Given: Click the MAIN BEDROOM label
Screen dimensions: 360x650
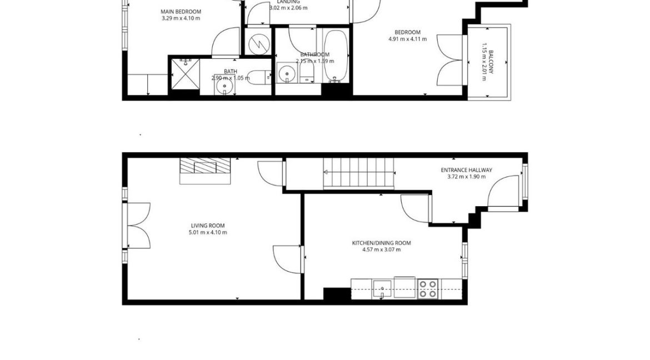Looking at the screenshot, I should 181,12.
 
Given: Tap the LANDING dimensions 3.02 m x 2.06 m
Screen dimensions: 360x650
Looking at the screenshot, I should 288,8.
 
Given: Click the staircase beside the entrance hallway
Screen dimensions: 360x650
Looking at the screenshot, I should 358,173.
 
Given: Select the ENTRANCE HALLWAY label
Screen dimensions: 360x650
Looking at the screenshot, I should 466,171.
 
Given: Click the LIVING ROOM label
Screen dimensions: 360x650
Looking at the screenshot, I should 208,226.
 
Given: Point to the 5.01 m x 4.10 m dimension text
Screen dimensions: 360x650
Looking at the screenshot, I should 208,232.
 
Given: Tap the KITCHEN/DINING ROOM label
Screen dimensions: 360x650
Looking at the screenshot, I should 381,243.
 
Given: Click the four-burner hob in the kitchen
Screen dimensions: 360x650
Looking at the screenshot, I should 428,288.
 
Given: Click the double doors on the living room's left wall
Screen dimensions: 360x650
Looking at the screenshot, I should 138,226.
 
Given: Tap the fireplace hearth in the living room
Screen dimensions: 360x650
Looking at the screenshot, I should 204,171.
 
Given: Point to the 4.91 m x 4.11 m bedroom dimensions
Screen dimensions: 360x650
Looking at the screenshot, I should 407,39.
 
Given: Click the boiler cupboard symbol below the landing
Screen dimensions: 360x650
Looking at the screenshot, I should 258,43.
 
